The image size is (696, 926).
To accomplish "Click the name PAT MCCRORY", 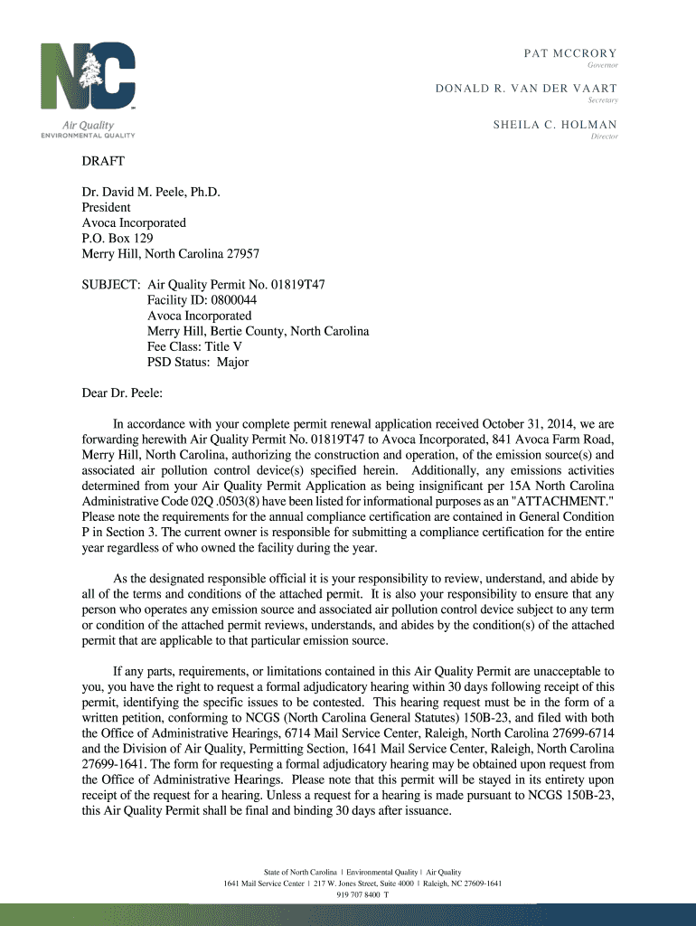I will click(x=570, y=53).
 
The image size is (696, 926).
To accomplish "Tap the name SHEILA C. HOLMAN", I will click(x=555, y=125).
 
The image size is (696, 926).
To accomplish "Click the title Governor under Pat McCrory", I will click(x=602, y=66).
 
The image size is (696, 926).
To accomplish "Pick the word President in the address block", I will click(x=108, y=206).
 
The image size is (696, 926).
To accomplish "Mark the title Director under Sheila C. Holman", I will click(x=604, y=137).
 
